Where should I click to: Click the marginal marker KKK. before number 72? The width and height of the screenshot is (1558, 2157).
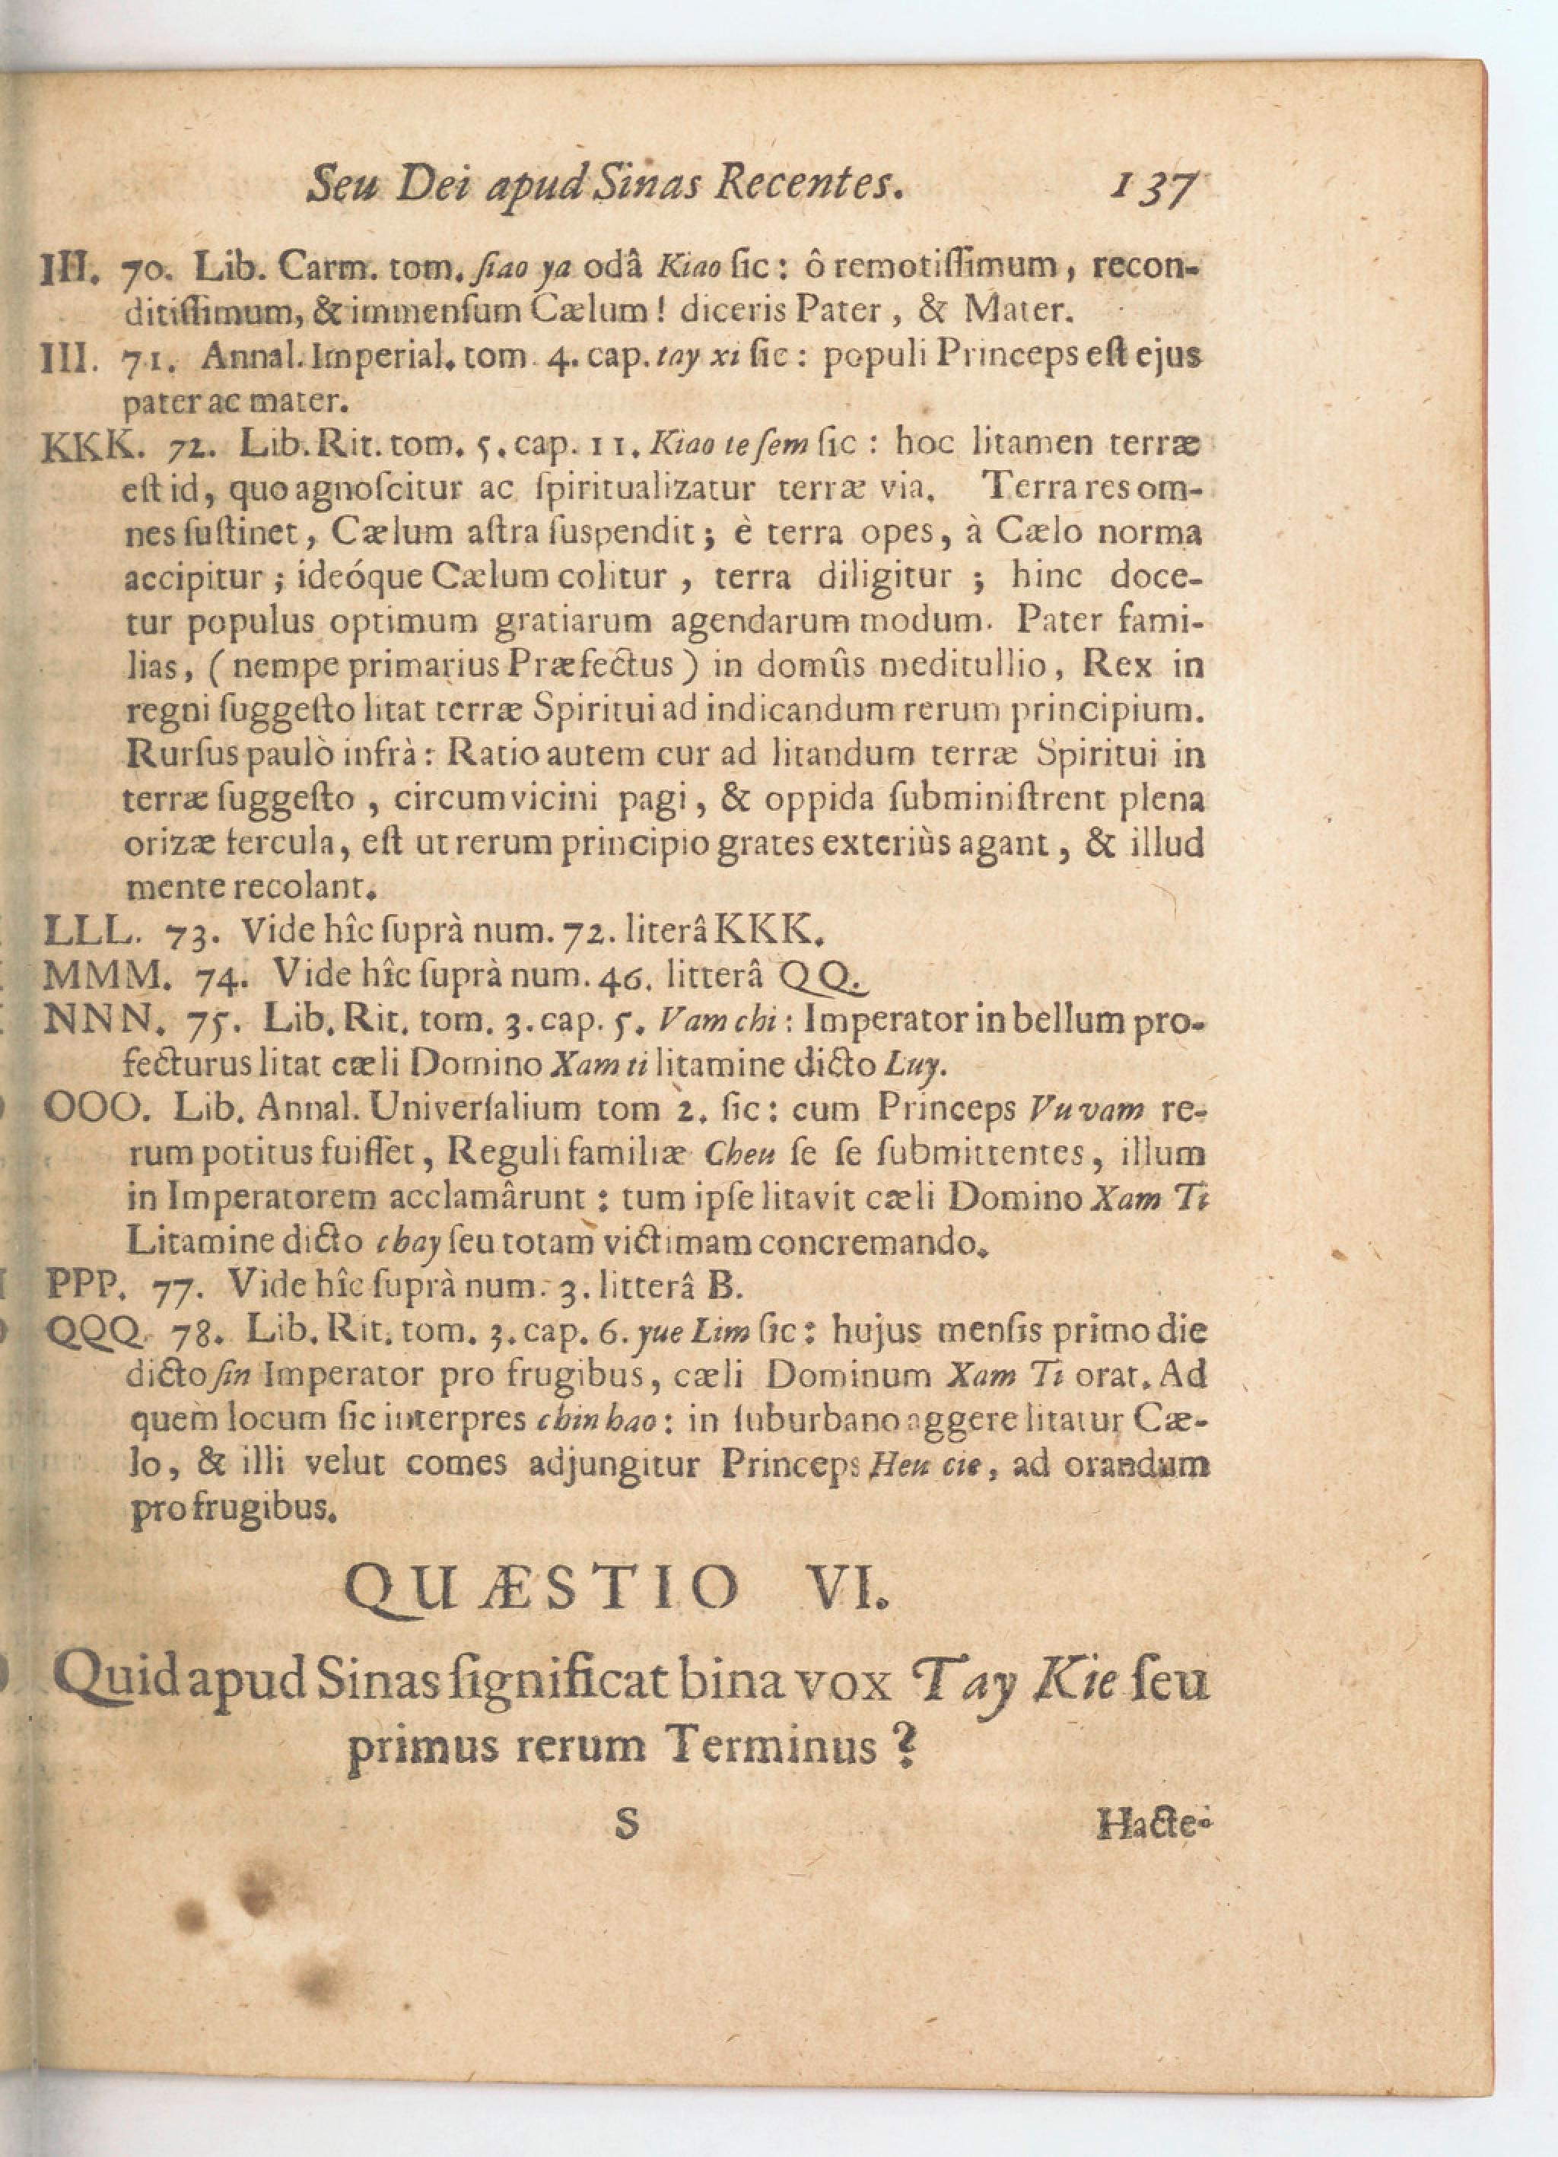[81, 445]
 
